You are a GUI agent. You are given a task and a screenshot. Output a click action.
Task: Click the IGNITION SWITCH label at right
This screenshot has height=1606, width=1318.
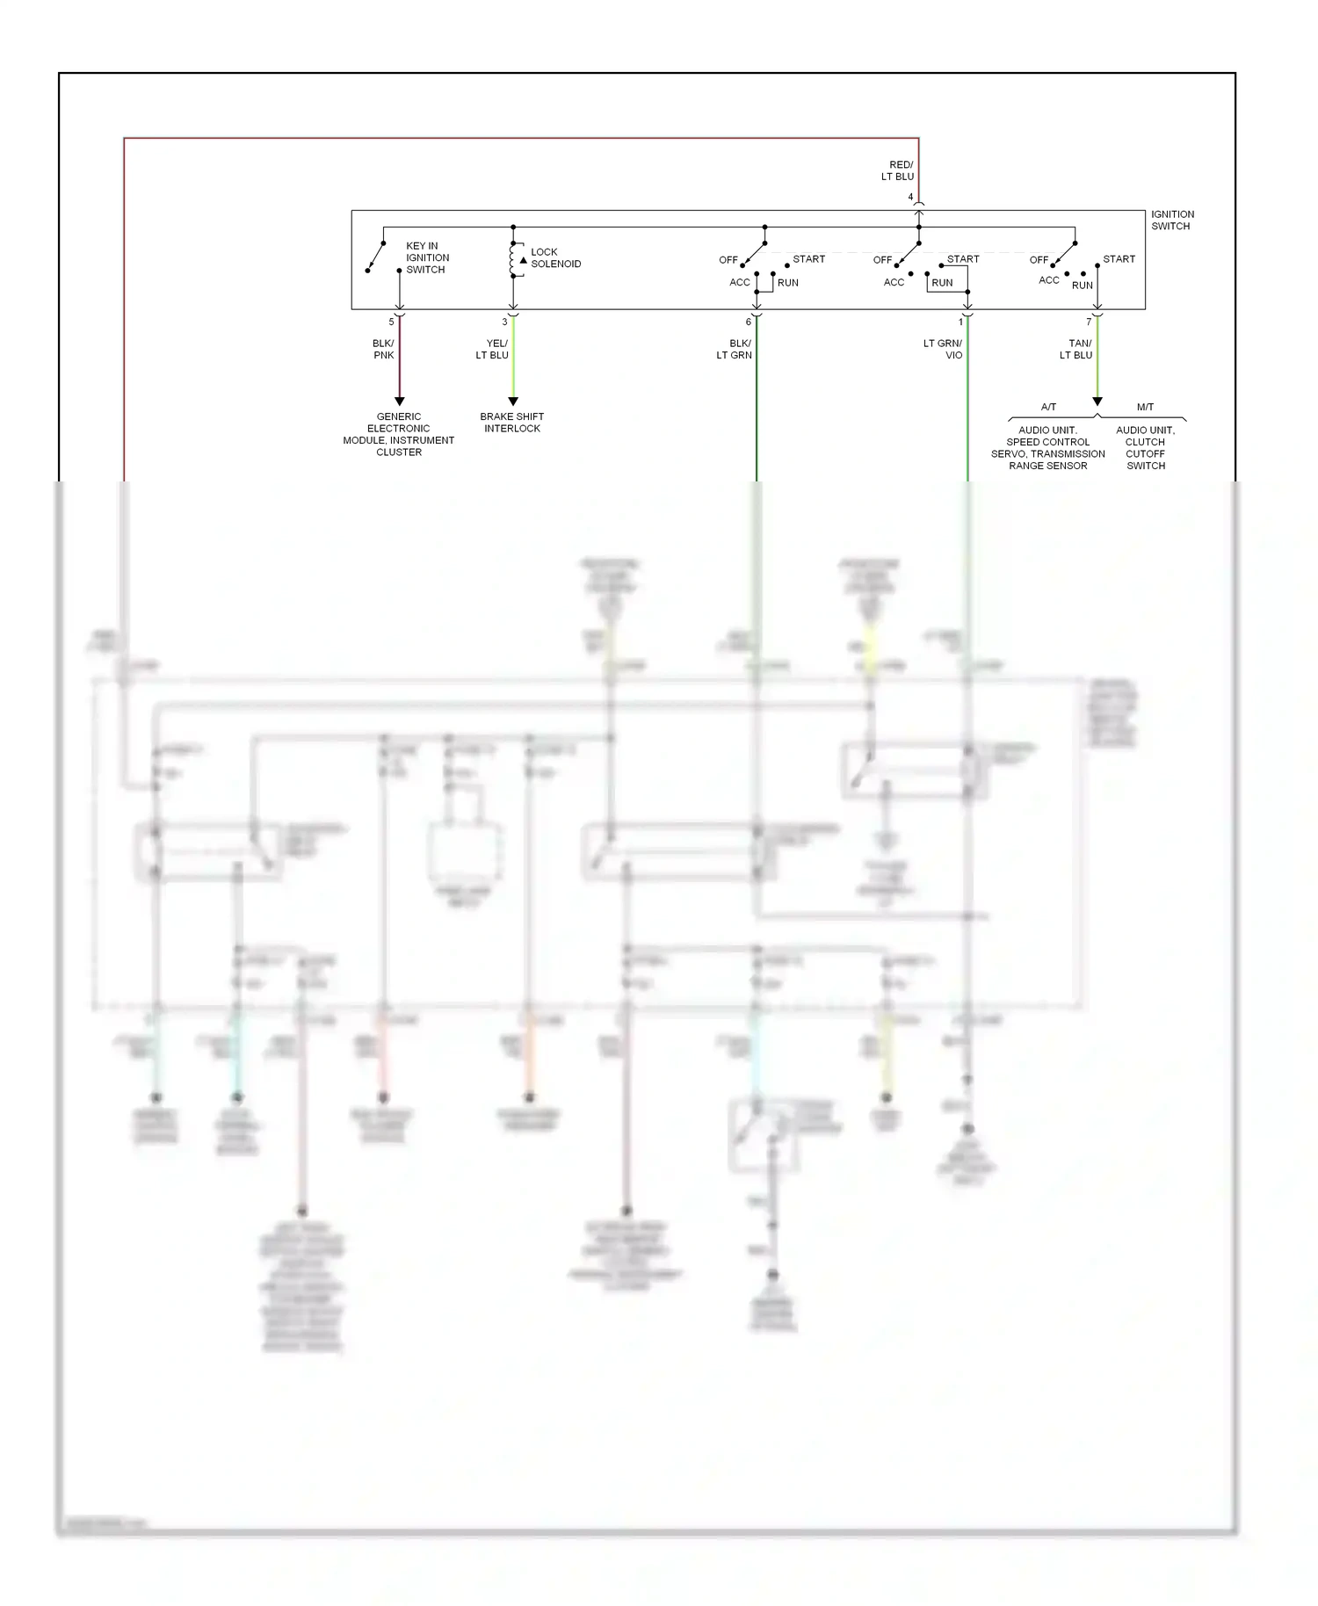[x=1172, y=220]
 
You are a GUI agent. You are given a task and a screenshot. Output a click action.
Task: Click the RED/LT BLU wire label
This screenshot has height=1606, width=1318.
[x=898, y=170]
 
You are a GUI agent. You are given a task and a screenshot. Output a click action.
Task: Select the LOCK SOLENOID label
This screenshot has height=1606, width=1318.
[x=555, y=257]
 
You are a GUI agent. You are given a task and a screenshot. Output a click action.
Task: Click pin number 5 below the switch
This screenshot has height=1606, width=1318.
[x=392, y=322]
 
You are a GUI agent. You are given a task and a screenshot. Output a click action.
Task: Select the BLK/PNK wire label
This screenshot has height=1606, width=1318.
[x=384, y=349]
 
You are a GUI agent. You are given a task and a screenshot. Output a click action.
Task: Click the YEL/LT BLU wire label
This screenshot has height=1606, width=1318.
[x=493, y=349]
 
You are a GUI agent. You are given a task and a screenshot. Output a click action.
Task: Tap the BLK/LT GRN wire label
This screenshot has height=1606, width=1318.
[x=735, y=349]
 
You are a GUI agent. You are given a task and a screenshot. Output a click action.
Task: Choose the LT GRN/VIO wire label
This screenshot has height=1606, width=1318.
[x=943, y=349]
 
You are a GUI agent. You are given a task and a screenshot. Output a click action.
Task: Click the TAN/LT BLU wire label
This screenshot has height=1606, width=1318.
[x=1076, y=349]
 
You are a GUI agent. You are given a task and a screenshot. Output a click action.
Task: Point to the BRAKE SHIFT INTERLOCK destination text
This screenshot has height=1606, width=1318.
[x=512, y=423]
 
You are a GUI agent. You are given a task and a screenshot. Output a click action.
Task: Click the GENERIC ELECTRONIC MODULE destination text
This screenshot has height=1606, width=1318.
[x=399, y=434]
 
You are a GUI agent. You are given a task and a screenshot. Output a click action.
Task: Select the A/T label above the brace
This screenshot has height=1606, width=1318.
[x=1048, y=407]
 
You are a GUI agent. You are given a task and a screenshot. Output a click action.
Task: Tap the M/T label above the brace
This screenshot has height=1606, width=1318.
[x=1145, y=407]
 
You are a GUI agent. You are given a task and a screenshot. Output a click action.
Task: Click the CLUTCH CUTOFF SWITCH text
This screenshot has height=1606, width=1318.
[x=1146, y=453]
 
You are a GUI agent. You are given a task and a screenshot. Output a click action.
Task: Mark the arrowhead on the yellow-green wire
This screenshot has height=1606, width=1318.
[x=513, y=401]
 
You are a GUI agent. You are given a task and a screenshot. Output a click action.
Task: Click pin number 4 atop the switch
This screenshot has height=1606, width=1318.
[x=910, y=198]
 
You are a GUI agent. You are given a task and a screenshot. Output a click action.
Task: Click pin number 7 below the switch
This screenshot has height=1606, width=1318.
[x=1089, y=322]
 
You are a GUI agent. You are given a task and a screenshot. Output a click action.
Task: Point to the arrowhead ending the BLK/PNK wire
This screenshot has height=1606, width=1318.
[x=400, y=401]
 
